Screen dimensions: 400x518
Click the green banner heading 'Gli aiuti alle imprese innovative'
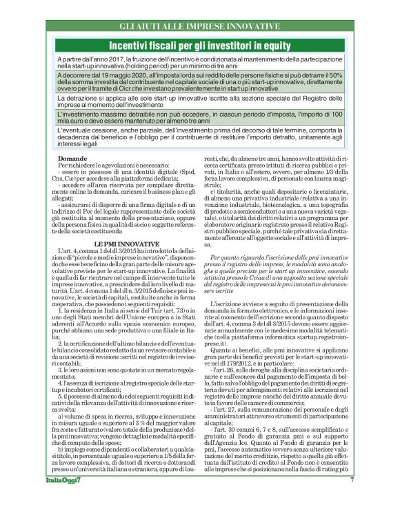point(200,26)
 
